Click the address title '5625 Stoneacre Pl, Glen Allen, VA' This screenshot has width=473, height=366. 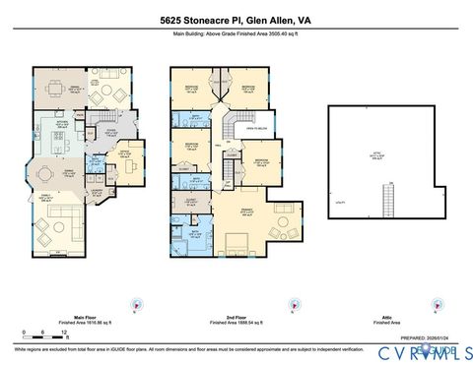click(x=236, y=19)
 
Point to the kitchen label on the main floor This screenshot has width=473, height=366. click(x=61, y=125)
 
